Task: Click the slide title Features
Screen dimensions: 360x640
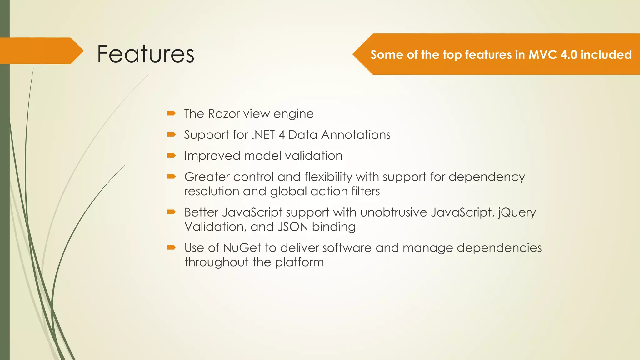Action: coord(146,54)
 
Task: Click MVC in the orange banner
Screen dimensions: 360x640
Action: coord(542,55)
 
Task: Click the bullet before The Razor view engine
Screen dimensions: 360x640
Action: coord(171,113)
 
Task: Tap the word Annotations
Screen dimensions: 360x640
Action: coord(356,135)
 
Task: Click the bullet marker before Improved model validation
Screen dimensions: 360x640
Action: coord(171,155)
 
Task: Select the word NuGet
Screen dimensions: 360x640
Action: coord(242,248)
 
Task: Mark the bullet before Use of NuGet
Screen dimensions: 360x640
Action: coord(171,247)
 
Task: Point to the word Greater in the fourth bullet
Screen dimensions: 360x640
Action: coord(207,177)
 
